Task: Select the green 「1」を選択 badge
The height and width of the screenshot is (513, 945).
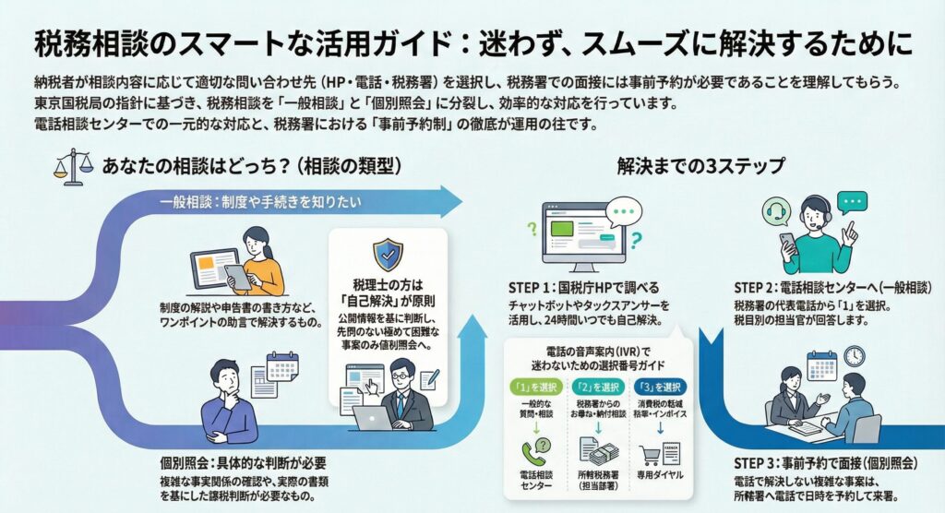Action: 533,388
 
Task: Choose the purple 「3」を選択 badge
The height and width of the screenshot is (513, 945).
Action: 659,388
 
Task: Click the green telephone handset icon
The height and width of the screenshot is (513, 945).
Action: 534,453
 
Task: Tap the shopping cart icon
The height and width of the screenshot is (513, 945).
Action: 649,453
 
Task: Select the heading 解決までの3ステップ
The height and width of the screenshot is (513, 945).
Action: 700,167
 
